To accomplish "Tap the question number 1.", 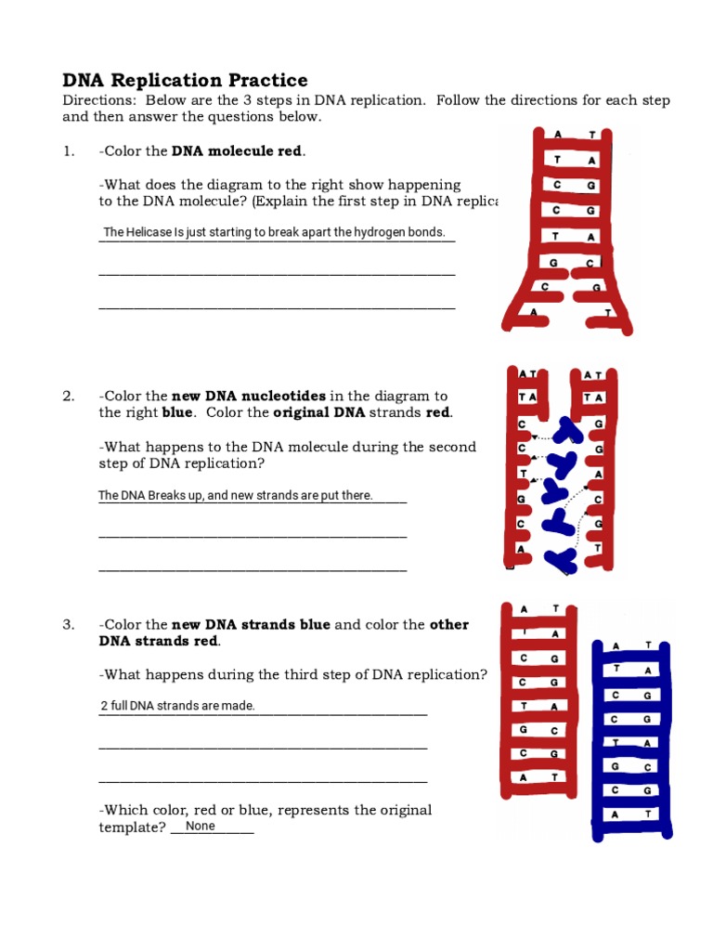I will point(68,151).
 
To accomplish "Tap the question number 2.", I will point(68,397).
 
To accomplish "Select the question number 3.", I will point(68,625).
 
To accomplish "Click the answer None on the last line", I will point(200,827).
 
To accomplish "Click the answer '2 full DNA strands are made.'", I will point(177,706).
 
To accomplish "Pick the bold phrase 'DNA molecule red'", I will point(238,151).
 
